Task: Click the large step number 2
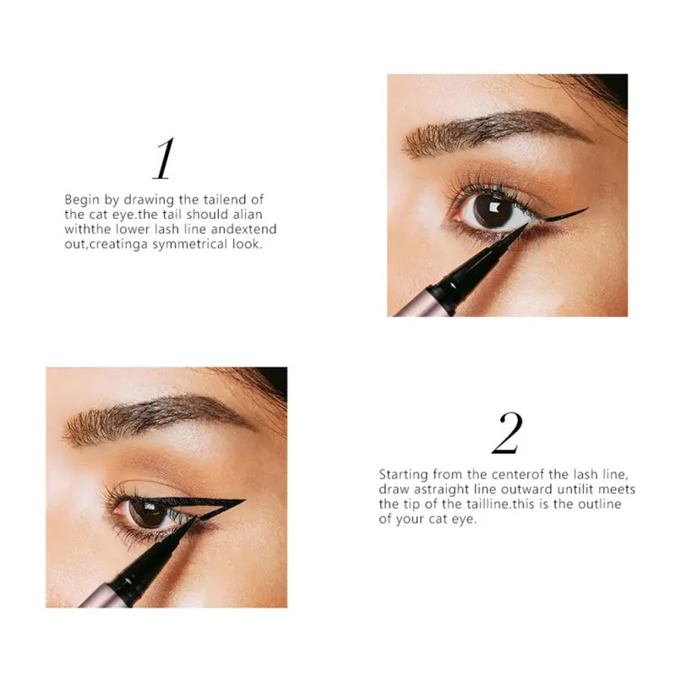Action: pyautogui.click(x=507, y=433)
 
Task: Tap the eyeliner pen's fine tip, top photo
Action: pyautogui.click(x=523, y=226)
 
